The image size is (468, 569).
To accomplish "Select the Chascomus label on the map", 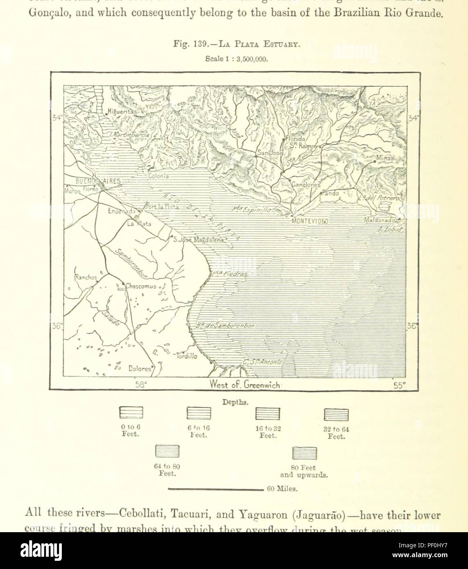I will pyautogui.click(x=140, y=286).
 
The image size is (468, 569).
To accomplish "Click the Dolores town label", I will pyautogui.click(x=140, y=368).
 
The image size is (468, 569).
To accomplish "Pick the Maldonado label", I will pyautogui.click(x=380, y=220).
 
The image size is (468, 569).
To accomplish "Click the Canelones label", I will pyautogui.click(x=305, y=185).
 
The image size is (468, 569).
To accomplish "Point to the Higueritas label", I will pyautogui.click(x=124, y=111).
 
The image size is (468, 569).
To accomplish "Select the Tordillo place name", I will pyautogui.click(x=186, y=356).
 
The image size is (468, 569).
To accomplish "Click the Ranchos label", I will pyautogui.click(x=86, y=277).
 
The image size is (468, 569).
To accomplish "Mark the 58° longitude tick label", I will pyautogui.click(x=140, y=385).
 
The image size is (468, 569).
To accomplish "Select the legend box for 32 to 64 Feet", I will pyautogui.click(x=336, y=415).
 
